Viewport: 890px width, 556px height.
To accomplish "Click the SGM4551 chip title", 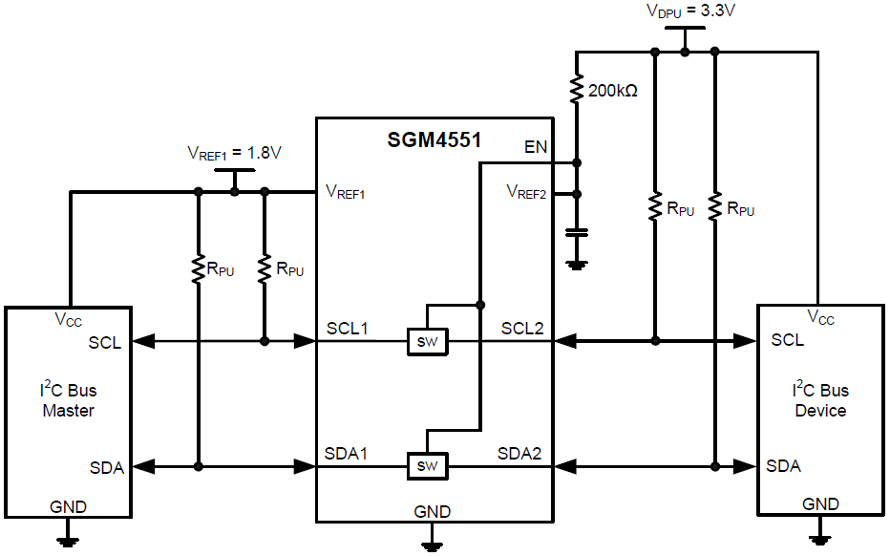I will (x=434, y=139).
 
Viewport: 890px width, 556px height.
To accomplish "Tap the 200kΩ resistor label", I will (x=613, y=93).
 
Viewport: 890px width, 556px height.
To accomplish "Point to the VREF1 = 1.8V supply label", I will (x=235, y=153).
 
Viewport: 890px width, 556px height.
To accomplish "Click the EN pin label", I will (x=536, y=147).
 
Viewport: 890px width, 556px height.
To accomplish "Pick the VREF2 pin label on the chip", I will (x=526, y=193).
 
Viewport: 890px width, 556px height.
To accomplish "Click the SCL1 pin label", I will (x=348, y=328).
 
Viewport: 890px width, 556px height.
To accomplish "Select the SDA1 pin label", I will (x=348, y=453).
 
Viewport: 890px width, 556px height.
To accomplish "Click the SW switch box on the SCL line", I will (x=427, y=341).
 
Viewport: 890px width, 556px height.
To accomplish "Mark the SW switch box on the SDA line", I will (x=427, y=466).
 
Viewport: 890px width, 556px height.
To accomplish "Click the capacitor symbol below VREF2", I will (x=576, y=232).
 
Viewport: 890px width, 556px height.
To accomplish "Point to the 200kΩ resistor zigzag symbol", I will (x=576, y=91).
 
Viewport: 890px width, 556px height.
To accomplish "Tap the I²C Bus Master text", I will (x=68, y=400).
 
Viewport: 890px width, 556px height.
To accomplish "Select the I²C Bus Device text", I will (x=819, y=400).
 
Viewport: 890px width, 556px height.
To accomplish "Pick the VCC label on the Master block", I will (x=69, y=321).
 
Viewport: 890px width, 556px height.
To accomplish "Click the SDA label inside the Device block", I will (x=784, y=466).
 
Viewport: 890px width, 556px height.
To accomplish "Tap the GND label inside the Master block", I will (x=67, y=506).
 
